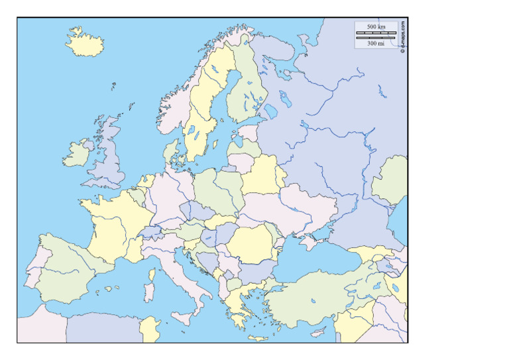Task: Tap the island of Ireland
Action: (77, 154)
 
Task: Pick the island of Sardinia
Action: (149, 291)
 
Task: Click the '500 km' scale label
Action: (376, 27)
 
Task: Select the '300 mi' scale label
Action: (376, 43)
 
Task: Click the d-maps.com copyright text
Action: (403, 36)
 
